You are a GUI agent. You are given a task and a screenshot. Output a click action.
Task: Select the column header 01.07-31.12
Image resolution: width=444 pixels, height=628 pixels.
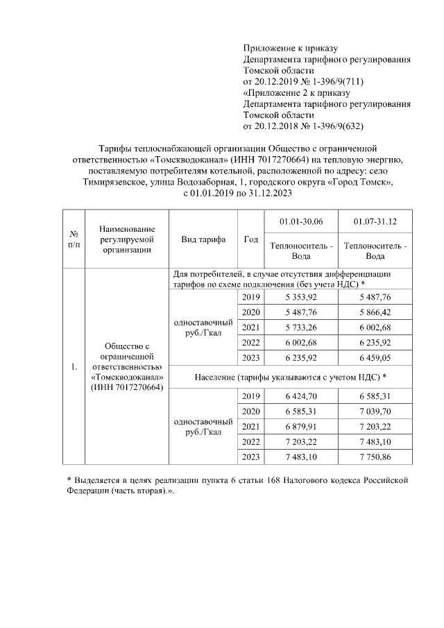click(375, 221)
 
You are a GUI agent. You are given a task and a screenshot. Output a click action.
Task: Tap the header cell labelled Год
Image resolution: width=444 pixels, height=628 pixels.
click(250, 239)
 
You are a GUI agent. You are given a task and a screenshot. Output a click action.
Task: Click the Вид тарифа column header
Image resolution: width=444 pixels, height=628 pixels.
click(203, 239)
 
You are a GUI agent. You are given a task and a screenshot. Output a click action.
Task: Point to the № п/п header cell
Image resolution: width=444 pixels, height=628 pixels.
click(73, 239)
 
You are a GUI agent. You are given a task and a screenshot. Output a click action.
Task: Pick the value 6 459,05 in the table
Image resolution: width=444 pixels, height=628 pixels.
click(375, 358)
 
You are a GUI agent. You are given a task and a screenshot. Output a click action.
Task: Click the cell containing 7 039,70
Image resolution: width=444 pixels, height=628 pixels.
click(375, 411)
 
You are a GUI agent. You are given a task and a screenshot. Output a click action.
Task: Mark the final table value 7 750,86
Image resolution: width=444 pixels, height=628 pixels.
click(375, 457)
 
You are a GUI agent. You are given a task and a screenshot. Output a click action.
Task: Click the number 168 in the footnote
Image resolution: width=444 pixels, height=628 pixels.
click(289, 480)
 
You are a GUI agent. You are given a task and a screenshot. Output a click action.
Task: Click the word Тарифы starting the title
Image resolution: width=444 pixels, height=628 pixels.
click(114, 148)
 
